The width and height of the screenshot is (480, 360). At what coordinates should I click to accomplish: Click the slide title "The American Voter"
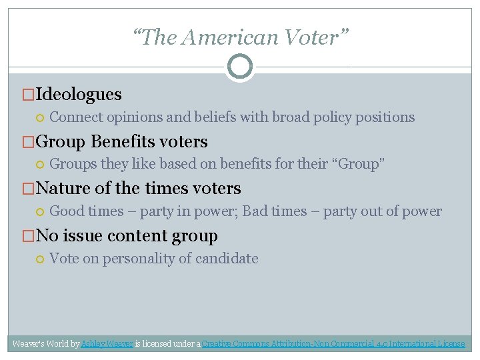(239, 38)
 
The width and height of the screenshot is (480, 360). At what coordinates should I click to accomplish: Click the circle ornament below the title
(239, 67)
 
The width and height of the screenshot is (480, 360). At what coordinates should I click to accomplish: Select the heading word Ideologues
(79, 95)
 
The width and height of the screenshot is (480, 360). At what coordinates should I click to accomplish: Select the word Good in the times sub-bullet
(67, 211)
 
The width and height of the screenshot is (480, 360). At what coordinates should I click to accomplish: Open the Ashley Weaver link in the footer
(107, 344)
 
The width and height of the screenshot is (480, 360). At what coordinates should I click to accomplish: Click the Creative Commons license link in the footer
(333, 344)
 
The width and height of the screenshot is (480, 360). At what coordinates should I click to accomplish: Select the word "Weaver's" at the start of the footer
(29, 344)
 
